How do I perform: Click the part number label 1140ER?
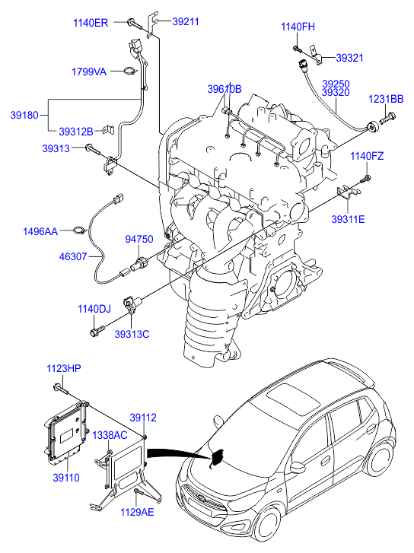coord(91,23)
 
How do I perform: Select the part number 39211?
coord(186,21)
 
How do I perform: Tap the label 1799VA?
coord(89,72)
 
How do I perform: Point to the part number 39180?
coord(24,115)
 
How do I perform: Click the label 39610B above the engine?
coord(225,89)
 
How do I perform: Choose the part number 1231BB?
coord(386,99)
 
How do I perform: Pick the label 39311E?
coord(348,219)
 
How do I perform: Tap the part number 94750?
coord(139,239)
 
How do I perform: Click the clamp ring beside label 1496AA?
coord(80,231)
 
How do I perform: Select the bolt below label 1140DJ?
coord(97,331)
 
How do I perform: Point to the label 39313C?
coord(132,334)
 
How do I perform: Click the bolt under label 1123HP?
coord(61,389)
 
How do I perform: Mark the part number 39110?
coord(66,478)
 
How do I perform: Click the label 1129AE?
coord(137,512)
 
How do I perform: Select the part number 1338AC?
coord(110,435)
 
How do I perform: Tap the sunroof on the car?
coord(293,399)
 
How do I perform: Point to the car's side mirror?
coord(298,468)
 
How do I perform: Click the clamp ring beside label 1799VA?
coord(130,72)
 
